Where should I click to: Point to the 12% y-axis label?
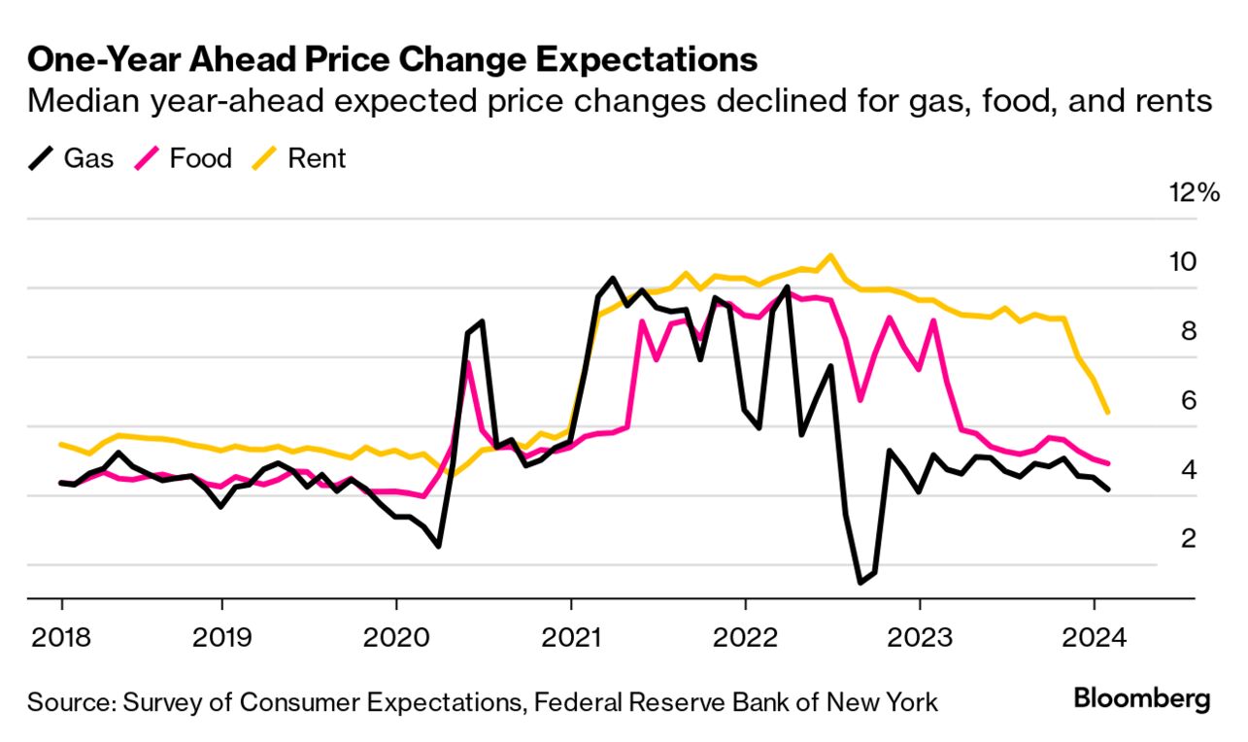click(1194, 192)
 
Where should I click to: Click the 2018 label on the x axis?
click(61, 638)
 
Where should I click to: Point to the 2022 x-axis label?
click(745, 638)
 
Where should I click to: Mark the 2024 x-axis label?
click(1095, 638)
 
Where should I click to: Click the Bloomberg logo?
click(1142, 699)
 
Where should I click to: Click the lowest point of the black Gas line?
click(860, 582)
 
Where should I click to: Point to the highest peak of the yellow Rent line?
click(830, 256)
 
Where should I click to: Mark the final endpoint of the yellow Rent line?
click(1108, 413)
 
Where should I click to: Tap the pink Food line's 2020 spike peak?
click(468, 363)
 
